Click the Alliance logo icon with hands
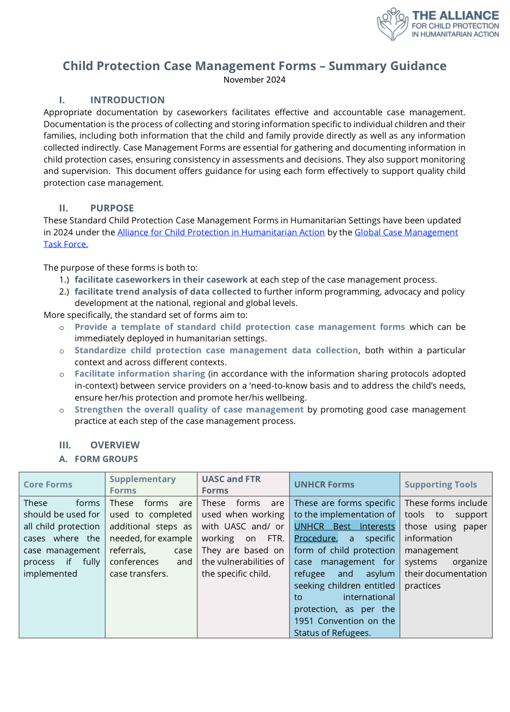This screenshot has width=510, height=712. (x=393, y=24)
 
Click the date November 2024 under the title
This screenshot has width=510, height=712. (x=254, y=80)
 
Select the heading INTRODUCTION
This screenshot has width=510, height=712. (x=127, y=100)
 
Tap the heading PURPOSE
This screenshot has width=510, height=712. (x=112, y=208)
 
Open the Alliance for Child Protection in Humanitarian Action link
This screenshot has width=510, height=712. (x=221, y=233)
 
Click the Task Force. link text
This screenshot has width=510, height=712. (x=66, y=245)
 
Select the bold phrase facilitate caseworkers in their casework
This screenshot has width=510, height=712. (x=161, y=280)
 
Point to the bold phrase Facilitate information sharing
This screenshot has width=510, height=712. (x=140, y=374)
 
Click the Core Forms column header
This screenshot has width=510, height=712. (x=48, y=485)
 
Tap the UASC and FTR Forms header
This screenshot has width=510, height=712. (x=231, y=484)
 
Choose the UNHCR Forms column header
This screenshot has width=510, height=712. (x=324, y=485)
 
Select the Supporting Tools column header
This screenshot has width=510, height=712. (x=440, y=485)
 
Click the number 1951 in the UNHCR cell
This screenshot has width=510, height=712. (x=304, y=621)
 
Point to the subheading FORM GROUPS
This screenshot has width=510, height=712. (x=106, y=459)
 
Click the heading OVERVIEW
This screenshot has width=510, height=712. (x=115, y=445)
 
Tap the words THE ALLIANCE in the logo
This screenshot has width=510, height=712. (x=455, y=16)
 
